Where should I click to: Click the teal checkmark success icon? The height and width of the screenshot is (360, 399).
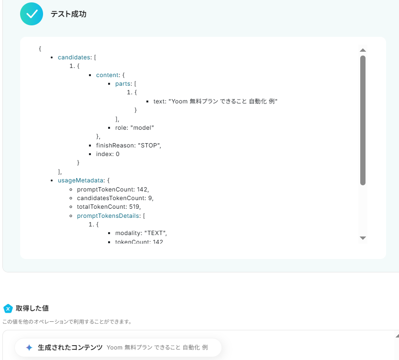pyautogui.click(x=32, y=14)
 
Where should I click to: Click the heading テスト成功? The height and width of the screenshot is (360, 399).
pyautogui.click(x=68, y=14)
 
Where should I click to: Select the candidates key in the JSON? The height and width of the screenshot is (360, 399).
pyautogui.click(x=74, y=57)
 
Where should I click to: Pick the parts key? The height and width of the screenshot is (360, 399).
pyautogui.click(x=123, y=84)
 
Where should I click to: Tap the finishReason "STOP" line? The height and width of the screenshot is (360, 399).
pyautogui.click(x=128, y=146)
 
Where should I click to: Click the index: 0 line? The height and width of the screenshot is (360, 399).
pyautogui.click(x=108, y=154)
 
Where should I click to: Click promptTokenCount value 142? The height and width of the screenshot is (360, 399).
pyautogui.click(x=142, y=189)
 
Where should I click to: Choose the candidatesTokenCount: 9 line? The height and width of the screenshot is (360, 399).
pyautogui.click(x=115, y=198)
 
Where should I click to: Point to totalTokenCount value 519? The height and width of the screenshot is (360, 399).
pyautogui.click(x=135, y=207)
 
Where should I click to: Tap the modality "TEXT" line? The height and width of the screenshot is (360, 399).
pyautogui.click(x=141, y=233)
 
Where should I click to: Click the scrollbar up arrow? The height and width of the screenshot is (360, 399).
pyautogui.click(x=363, y=50)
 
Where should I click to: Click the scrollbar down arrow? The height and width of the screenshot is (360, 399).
pyautogui.click(x=363, y=238)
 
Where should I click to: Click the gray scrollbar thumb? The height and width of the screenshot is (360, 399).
pyautogui.click(x=363, y=120)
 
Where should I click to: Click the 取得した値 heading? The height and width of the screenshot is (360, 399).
pyautogui.click(x=32, y=308)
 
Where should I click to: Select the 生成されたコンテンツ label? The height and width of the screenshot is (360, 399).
pyautogui.click(x=70, y=348)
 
